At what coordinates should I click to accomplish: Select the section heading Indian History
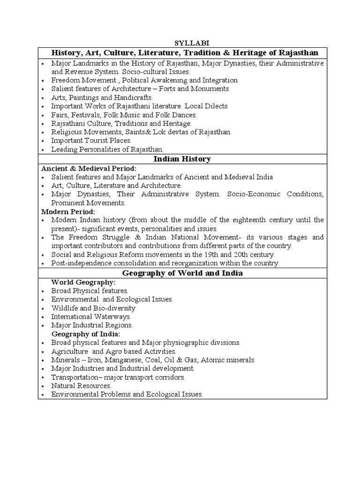point(182,159)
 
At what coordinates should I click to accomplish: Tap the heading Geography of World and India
point(182,273)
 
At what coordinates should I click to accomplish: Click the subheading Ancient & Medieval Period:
point(89,168)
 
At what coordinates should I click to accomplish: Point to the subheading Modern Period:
point(68,211)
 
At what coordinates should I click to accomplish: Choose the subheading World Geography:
point(83,282)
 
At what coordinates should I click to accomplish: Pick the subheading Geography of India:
point(86,334)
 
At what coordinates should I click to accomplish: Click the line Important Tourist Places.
point(91,141)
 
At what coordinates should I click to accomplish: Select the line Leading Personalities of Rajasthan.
point(107,150)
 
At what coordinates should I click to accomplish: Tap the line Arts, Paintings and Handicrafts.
point(102,97)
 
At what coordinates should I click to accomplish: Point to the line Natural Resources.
point(81,386)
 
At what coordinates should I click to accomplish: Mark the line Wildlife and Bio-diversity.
point(94,308)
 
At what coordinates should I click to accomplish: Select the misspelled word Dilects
point(216,106)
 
